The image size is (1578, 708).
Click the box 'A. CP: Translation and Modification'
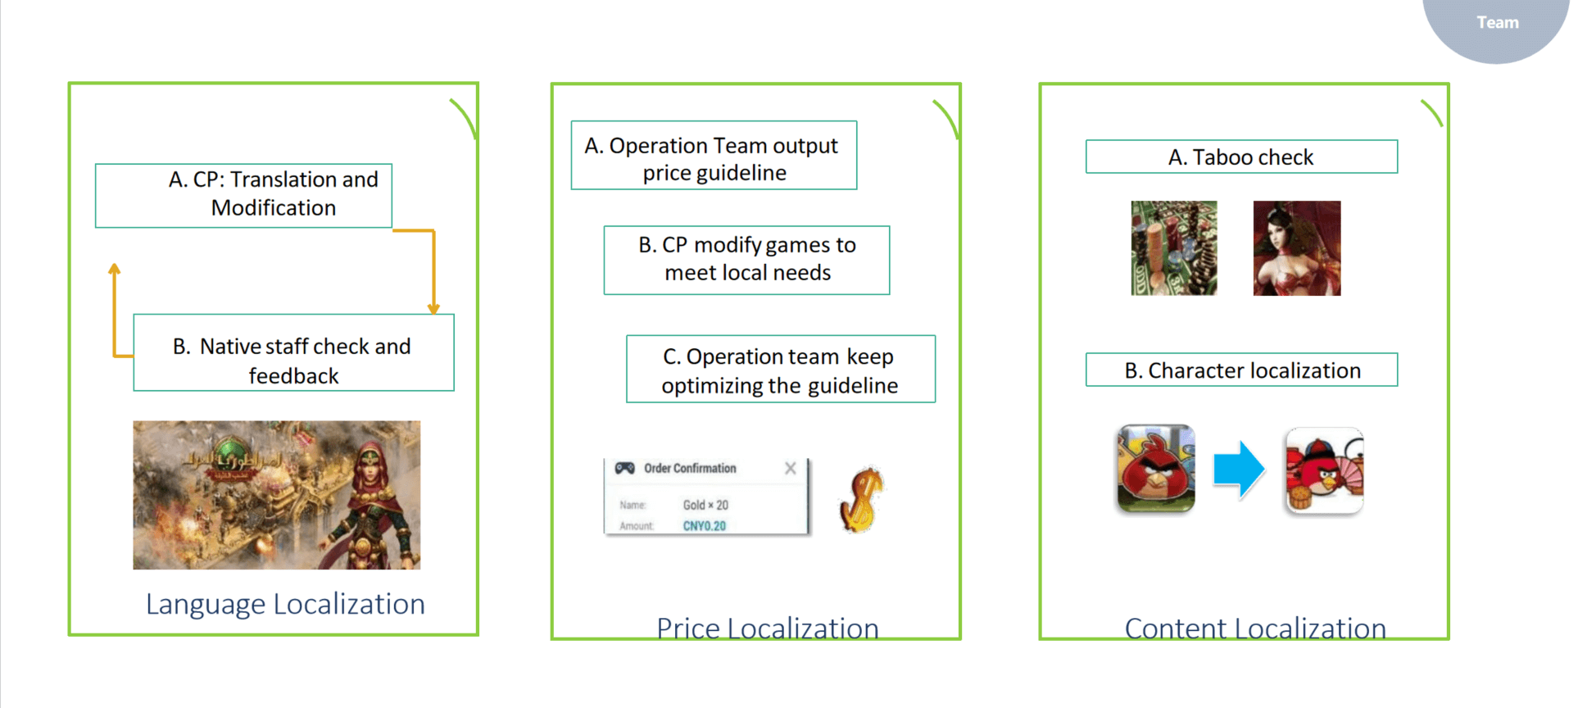click(x=243, y=195)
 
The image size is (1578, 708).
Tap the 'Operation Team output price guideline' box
click(x=714, y=156)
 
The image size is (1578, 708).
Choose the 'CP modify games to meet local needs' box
click(x=746, y=260)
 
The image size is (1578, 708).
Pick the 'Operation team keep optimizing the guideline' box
click(x=780, y=369)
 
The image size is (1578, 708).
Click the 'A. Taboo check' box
click(x=1241, y=157)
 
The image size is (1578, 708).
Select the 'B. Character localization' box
click(x=1241, y=370)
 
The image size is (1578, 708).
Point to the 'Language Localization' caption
click(x=285, y=604)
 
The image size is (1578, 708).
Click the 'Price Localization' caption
click(x=767, y=627)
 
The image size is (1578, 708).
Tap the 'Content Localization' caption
click(x=1255, y=627)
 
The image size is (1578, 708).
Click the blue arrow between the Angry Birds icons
click(x=1238, y=470)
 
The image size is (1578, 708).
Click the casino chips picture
click(x=1173, y=247)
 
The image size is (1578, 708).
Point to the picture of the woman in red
click(x=1296, y=247)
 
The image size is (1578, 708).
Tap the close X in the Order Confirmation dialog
click(x=790, y=468)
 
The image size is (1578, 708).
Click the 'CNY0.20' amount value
click(x=705, y=526)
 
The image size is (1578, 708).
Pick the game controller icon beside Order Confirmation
click(x=625, y=468)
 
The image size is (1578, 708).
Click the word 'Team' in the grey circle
click(x=1497, y=23)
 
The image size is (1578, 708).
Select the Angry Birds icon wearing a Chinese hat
click(x=1324, y=470)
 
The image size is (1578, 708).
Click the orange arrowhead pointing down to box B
click(x=433, y=309)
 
